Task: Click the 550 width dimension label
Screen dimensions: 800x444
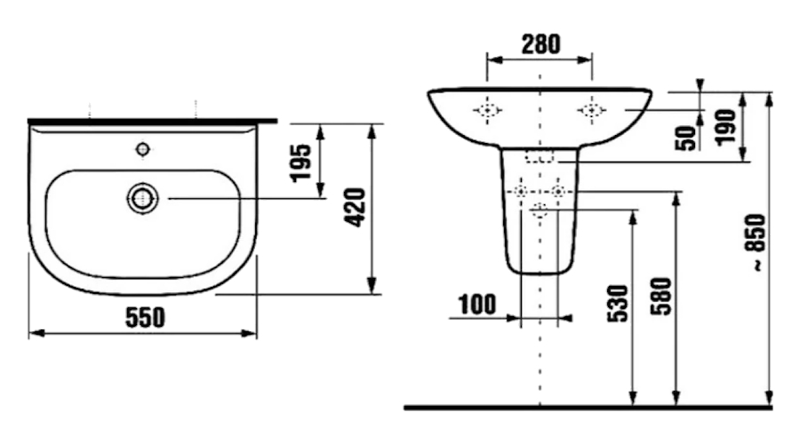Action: [146, 317]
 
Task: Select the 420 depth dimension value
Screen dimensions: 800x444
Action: [355, 208]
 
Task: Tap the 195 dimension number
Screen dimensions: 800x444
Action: [301, 163]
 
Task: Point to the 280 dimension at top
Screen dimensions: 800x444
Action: [540, 44]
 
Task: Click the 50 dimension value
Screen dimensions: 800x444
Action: [686, 139]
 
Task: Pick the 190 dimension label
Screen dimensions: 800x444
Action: [725, 128]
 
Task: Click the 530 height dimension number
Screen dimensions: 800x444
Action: [618, 304]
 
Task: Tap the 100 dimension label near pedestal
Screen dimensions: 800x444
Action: [477, 305]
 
